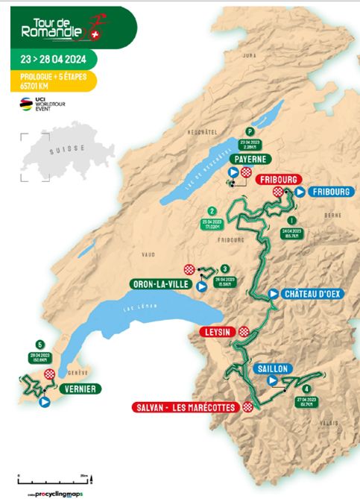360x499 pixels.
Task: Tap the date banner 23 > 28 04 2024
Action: click(x=51, y=60)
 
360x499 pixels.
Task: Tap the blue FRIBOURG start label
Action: click(x=322, y=192)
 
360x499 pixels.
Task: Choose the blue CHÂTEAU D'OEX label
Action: click(x=312, y=294)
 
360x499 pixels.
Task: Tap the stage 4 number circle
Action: click(x=306, y=389)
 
